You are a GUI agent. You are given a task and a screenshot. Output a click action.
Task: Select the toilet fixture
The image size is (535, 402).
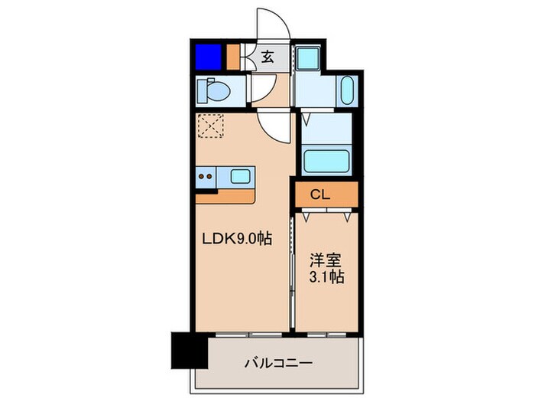[214, 92]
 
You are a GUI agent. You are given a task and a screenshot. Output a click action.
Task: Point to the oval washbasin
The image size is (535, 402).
[346, 92]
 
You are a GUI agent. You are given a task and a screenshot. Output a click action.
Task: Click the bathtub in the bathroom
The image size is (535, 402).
[326, 160]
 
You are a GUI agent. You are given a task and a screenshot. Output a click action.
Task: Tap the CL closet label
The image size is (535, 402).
[319, 194]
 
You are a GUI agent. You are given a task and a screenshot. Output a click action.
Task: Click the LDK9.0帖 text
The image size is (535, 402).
[236, 238]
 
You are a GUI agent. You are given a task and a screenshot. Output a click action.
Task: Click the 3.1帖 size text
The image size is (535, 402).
[326, 276]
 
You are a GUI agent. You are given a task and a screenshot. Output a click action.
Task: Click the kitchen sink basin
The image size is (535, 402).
[240, 177]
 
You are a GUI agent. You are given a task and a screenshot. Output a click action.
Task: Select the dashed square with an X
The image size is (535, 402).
[209, 126]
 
